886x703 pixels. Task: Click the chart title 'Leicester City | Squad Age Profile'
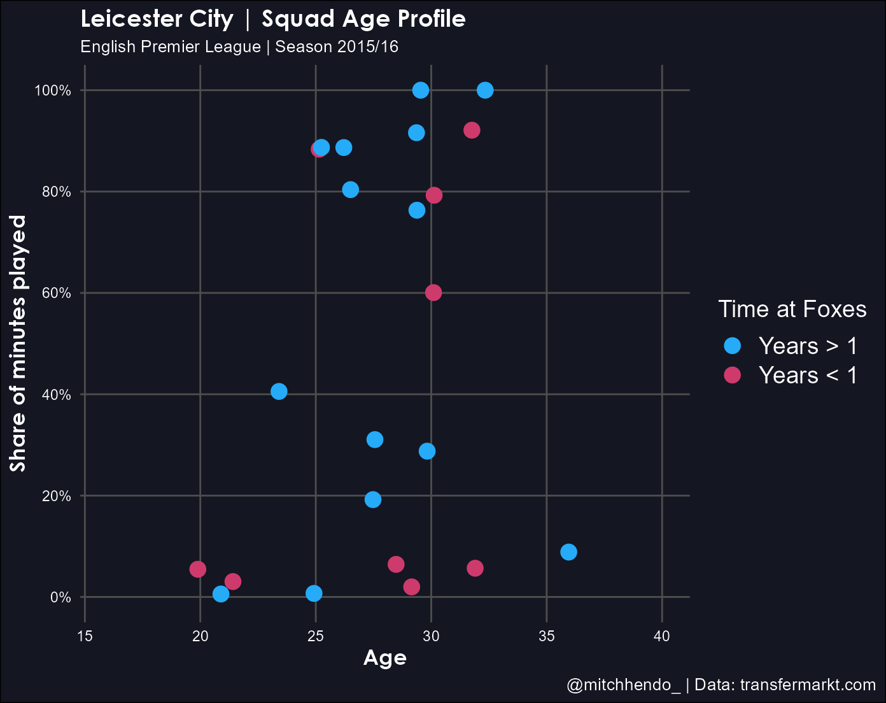pos(273,19)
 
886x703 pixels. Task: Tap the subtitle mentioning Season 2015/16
pos(239,47)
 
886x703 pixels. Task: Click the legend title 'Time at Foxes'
pos(792,309)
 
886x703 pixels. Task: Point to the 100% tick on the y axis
pos(53,90)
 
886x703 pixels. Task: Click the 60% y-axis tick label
pos(55,293)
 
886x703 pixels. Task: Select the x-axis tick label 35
pos(547,636)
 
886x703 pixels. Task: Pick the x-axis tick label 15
pos(85,636)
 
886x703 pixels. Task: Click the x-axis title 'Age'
pos(384,658)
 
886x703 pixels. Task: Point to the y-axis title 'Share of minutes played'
pos(18,344)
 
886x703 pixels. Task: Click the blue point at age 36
pos(568,552)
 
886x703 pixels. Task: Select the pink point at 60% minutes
pos(433,293)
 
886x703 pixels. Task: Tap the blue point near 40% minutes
pos(278,392)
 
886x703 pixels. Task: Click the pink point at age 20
pos(198,569)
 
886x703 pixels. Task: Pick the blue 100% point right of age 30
pos(485,90)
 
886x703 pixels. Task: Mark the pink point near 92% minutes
pos(472,131)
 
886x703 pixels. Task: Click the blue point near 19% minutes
pos(373,500)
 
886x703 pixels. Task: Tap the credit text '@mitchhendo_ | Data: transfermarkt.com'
pos(721,685)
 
